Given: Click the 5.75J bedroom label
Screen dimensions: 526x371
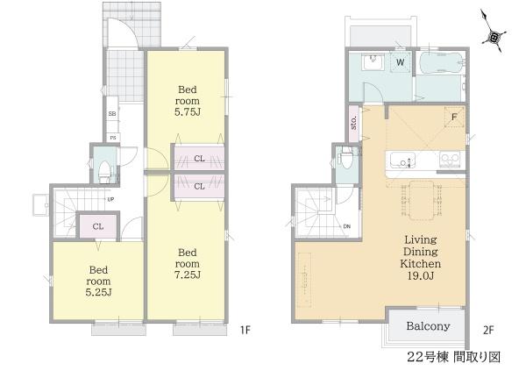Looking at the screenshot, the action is click(x=188, y=101).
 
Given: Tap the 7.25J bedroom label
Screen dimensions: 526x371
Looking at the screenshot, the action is click(x=188, y=264).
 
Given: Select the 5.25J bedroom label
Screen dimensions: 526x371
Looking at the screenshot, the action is click(x=98, y=281).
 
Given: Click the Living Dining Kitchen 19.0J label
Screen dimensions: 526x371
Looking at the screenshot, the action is click(x=420, y=258).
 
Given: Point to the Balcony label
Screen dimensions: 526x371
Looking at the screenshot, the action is click(x=428, y=326).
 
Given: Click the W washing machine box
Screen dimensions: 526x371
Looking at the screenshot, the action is click(x=401, y=61).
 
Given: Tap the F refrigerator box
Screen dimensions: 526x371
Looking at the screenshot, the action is click(x=454, y=117).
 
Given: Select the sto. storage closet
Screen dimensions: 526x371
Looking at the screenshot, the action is click(x=354, y=124).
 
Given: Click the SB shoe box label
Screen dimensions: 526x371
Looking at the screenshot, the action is click(x=112, y=114).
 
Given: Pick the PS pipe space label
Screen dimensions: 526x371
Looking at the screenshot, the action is click(x=113, y=138).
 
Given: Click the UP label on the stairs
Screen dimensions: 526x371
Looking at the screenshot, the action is click(x=110, y=199).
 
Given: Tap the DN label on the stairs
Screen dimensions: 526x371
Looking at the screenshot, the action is click(x=347, y=226).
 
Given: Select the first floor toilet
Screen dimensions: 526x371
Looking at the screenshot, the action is click(x=105, y=171).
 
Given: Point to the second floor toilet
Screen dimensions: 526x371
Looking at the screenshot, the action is click(x=345, y=158).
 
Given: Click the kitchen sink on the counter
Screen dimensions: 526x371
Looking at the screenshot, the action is click(x=402, y=160).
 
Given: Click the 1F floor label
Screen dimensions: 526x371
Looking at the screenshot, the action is click(x=245, y=331).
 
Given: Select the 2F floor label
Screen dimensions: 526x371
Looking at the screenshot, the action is click(x=488, y=331).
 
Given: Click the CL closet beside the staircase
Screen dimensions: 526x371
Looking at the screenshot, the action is click(x=98, y=226).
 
